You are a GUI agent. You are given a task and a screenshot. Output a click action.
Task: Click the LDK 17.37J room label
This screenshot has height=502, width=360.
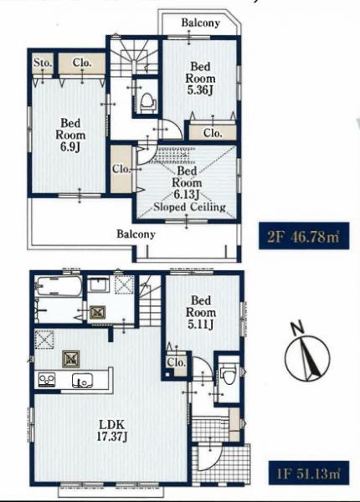112,431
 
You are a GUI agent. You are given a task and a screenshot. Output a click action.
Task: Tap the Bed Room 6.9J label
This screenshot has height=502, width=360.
70,135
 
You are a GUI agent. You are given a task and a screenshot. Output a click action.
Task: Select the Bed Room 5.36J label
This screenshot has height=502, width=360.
200,79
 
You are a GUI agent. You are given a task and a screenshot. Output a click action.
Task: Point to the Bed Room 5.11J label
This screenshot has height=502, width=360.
201,312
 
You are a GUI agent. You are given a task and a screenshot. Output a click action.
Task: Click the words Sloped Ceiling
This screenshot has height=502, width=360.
189,207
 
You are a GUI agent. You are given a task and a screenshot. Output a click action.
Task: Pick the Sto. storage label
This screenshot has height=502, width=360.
43,63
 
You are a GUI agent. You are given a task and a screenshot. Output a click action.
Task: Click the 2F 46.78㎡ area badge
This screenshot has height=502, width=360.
304,236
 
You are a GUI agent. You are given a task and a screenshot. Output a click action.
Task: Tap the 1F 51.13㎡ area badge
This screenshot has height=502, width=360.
308,474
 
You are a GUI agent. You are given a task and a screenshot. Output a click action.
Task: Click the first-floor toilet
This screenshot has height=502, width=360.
228,375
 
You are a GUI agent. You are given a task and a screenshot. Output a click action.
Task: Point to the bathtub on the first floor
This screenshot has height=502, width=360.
59,286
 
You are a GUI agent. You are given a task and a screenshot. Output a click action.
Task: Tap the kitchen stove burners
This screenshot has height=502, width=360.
47,380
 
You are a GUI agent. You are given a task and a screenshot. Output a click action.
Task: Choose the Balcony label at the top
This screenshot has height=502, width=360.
201,23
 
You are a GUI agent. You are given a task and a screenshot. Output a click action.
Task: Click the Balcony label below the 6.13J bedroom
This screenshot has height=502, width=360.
136,234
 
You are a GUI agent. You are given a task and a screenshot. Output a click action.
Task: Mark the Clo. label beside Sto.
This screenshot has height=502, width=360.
82,63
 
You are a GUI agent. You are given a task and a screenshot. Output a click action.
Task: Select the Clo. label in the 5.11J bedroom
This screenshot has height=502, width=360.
177,362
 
